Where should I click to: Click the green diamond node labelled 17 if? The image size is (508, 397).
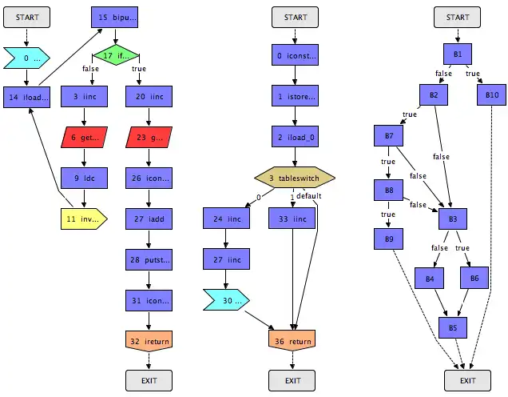116,56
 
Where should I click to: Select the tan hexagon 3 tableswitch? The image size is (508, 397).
295,177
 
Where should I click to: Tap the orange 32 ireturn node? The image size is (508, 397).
149,340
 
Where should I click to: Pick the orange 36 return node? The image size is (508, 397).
295,340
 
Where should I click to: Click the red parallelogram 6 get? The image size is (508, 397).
85,137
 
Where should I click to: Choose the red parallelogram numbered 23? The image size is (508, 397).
149,137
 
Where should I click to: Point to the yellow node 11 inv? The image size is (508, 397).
84,217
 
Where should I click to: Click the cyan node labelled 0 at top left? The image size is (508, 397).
26,57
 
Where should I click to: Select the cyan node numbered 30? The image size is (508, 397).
226,300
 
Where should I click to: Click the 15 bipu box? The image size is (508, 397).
117,17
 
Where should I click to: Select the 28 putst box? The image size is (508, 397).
149,259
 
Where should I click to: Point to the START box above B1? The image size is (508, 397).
458,17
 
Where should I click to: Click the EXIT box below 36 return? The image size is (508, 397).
295,380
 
